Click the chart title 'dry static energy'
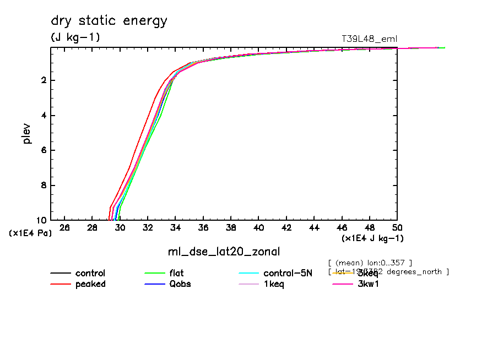tap(109, 21)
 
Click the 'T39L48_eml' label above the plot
tap(369, 39)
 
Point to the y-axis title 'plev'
tap(27, 133)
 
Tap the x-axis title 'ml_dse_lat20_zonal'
tap(224, 252)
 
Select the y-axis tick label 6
tap(43, 150)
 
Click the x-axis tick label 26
tap(64, 228)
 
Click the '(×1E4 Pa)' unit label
tap(31, 233)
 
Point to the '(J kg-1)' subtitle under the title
tap(75, 37)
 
